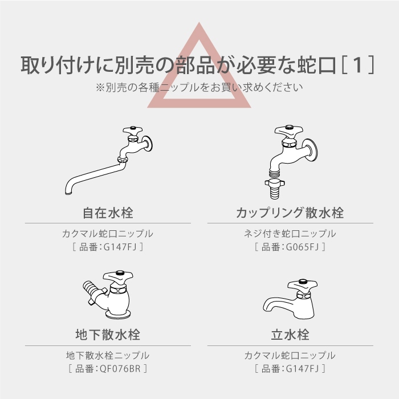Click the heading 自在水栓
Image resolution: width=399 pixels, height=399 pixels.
coord(108,213)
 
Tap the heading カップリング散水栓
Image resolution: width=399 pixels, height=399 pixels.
coord(290,213)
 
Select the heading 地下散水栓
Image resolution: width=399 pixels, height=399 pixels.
coord(108,335)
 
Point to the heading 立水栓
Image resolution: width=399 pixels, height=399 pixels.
coord(290,335)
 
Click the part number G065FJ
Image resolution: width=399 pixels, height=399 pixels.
coord(303,247)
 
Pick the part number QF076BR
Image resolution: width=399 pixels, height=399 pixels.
coord(120,368)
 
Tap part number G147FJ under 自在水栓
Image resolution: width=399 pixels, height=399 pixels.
coord(120,247)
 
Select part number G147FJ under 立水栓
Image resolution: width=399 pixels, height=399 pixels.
coord(303,368)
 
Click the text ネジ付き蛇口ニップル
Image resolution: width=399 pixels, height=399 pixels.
coord(290,234)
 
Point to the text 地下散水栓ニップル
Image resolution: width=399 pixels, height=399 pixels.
coord(108,355)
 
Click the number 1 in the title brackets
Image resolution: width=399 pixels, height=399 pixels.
coord(357,65)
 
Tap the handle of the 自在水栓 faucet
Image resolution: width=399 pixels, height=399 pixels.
coord(133,131)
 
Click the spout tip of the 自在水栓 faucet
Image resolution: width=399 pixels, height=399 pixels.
coord(69,193)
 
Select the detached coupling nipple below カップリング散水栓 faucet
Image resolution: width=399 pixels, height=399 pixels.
coord(275,189)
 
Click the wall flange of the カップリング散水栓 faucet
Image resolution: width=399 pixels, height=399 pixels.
coord(311,150)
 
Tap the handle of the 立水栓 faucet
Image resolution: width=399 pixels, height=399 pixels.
coord(302,285)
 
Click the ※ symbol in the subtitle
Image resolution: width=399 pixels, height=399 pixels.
coord(100,88)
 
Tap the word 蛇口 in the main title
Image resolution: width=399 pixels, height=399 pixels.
coord(316,65)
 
